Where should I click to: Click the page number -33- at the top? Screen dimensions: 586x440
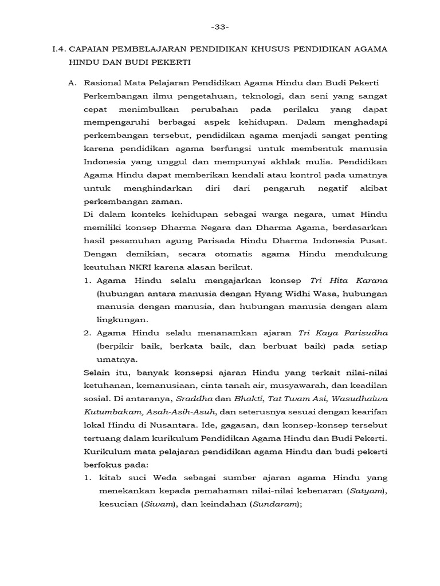[220, 27]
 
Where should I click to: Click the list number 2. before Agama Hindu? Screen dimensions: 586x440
[88, 333]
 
